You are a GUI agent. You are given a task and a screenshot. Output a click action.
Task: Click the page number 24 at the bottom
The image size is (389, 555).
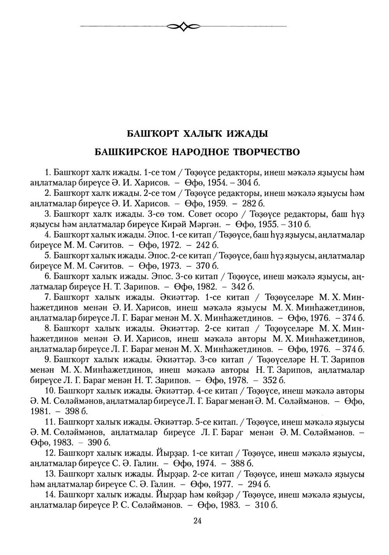point(197,521)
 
